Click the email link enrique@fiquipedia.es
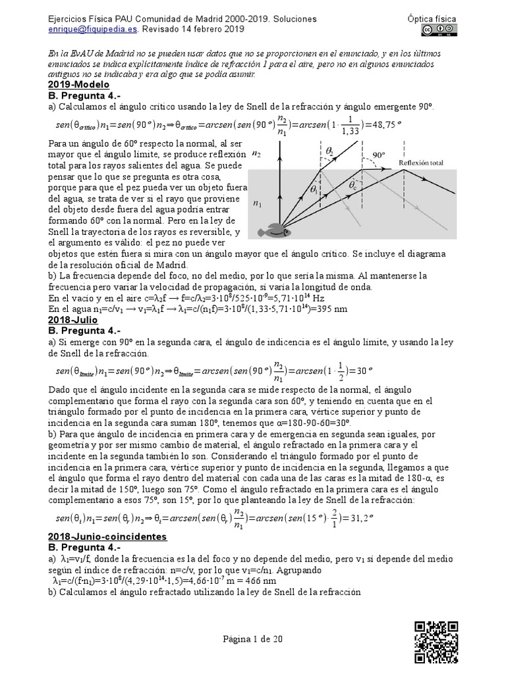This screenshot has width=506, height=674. [91, 30]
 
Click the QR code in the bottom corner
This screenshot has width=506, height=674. [436, 641]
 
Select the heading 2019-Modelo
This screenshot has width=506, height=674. [78, 85]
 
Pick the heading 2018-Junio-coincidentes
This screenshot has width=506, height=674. [107, 536]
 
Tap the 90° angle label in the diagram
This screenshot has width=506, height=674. [379, 156]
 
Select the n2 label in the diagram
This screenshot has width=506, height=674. [256, 153]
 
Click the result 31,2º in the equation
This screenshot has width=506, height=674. [358, 517]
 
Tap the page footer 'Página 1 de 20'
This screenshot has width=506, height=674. [253, 638]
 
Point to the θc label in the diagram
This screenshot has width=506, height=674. [353, 187]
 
